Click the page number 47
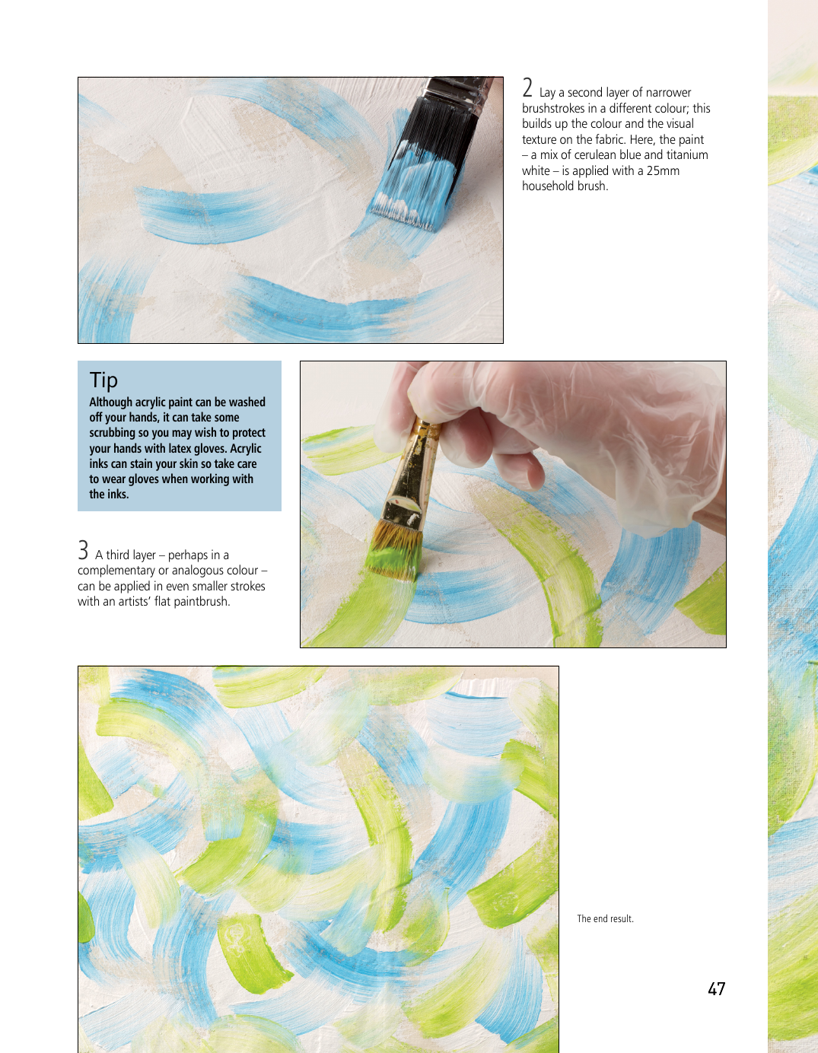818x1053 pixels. point(716,989)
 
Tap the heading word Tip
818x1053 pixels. point(103,380)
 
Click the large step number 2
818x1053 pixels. point(527,87)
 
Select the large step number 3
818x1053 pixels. point(83,551)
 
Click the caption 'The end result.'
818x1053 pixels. point(605,919)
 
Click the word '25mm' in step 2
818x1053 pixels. point(663,170)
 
